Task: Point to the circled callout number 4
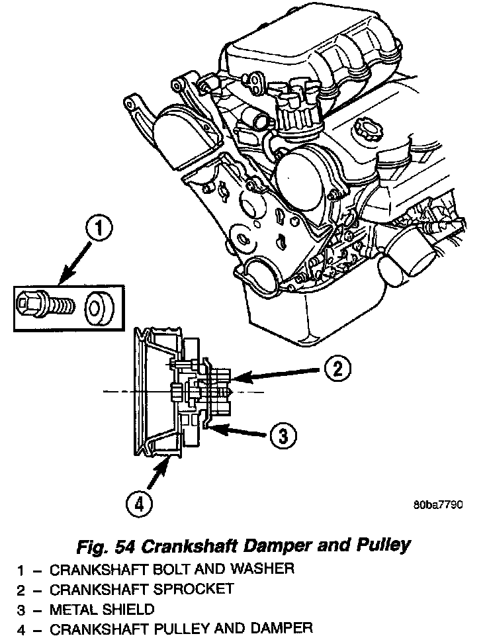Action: click(138, 504)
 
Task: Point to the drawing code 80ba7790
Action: click(437, 504)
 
